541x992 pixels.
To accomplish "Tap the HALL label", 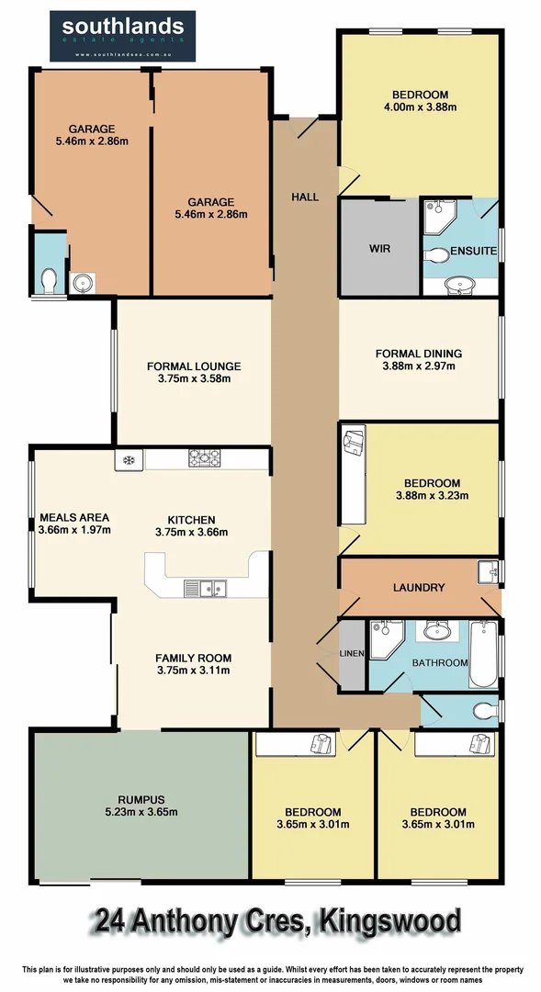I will (305, 197).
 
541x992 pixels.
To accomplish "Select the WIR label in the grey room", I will (381, 248).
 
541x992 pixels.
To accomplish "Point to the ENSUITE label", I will (474, 250).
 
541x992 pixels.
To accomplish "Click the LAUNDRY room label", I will (419, 588).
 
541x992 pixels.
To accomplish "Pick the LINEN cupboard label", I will (352, 653).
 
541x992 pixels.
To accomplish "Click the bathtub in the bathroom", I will (482, 654).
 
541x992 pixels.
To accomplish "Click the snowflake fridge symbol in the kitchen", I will (129, 457).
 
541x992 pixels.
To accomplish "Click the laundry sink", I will (489, 573).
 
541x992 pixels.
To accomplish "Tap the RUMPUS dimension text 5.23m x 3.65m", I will (141, 812).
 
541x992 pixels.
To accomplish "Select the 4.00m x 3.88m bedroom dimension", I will (419, 107).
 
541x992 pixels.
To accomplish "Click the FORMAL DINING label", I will (418, 354).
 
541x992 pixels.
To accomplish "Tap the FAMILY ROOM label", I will (193, 658).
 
